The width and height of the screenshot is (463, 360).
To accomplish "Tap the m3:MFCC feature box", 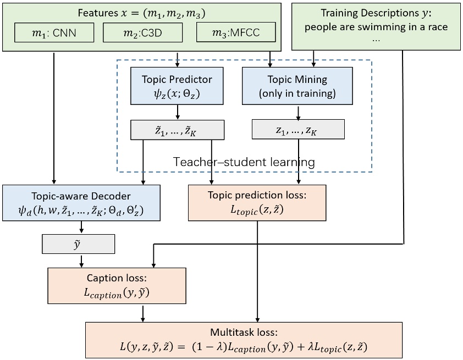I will (236, 33).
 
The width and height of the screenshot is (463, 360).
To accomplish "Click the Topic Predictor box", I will (177, 86).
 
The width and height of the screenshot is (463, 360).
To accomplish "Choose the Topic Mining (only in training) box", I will (297, 86).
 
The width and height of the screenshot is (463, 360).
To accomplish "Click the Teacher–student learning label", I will (244, 162).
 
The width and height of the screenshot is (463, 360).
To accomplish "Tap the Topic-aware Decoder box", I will (81, 202).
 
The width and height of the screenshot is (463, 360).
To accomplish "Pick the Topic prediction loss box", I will (257, 202).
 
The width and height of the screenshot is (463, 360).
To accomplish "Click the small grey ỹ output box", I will (78, 243).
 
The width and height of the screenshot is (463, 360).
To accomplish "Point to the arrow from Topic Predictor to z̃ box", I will (177, 112).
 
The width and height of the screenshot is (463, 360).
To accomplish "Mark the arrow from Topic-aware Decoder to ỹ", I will (81, 227).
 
